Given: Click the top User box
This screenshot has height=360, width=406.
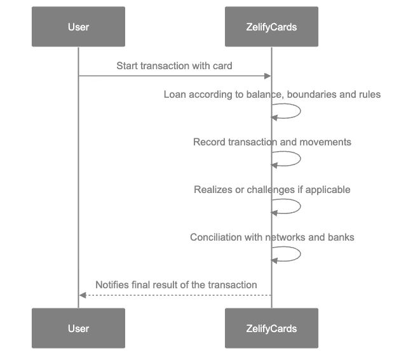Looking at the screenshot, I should click(78, 27).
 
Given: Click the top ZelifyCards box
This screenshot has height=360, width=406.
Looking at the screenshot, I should click(271, 27).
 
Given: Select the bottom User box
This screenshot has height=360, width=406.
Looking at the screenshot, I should click(78, 328).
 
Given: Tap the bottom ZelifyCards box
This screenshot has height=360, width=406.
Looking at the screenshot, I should click(271, 328).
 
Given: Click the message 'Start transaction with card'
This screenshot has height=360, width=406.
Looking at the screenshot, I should click(174, 66).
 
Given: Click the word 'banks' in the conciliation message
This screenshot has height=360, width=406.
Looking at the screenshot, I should click(341, 237).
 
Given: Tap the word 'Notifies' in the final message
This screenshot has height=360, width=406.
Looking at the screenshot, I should click(112, 285).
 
